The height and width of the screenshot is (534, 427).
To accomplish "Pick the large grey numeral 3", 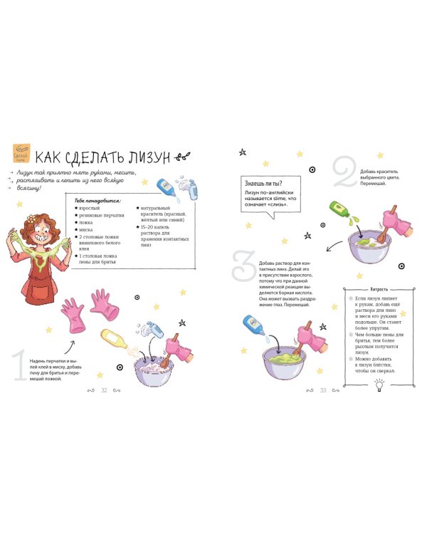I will tap(245, 266).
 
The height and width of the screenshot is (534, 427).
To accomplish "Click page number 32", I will tap(104, 389).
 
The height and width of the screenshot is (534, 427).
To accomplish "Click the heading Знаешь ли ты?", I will tap(263, 182).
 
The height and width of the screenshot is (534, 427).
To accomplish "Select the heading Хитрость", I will tap(371, 290).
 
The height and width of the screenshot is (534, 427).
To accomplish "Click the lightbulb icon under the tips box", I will tap(379, 384).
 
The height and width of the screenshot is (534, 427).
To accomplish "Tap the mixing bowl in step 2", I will tap(369, 246).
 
